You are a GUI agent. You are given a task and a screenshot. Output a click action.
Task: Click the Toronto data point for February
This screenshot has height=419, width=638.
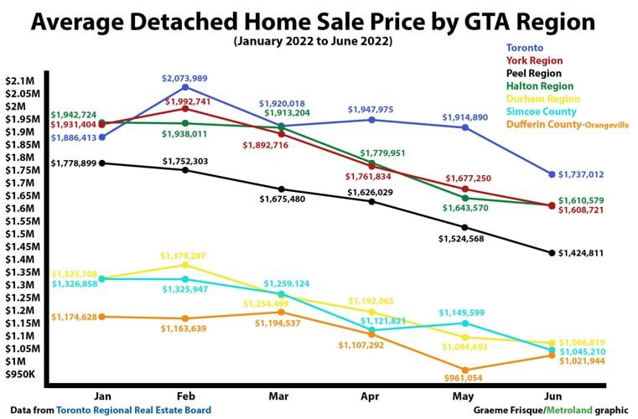coord(184,87)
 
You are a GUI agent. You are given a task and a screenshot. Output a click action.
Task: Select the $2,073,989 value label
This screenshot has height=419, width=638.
coord(184,78)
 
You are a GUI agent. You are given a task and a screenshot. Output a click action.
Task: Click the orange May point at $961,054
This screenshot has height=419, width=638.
coord(464,370)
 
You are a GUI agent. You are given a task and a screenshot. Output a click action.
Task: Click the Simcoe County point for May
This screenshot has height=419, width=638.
coord(464,323)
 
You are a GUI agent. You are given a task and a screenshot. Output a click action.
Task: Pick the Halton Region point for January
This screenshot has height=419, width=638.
coord(101,122)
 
